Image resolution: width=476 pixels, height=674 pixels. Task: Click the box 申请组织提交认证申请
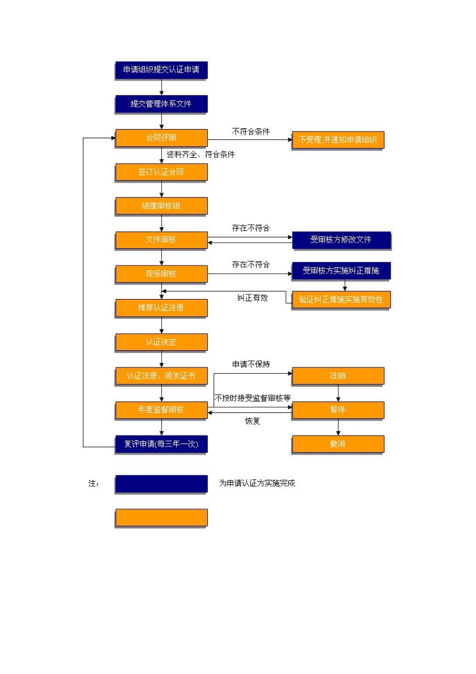[x=161, y=70]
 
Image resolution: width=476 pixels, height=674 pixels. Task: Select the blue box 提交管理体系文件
[x=161, y=104]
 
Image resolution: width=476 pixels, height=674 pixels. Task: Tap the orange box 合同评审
[x=161, y=138]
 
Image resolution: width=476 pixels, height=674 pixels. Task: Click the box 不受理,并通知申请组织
[x=338, y=140]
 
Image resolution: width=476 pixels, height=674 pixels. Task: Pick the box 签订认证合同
[x=161, y=172]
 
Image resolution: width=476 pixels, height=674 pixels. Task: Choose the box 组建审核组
[x=161, y=206]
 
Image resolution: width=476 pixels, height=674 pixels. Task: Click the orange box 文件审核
[x=161, y=240]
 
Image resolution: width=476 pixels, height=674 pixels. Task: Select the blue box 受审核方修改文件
[x=341, y=240]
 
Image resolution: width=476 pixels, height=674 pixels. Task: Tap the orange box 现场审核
[x=161, y=274]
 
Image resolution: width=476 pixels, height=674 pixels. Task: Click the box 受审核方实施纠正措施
[x=341, y=271]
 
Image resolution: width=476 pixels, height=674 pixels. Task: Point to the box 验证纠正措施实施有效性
[x=341, y=300]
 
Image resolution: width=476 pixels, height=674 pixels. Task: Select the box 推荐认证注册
[x=161, y=308]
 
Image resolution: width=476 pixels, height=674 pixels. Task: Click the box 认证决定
[x=161, y=342]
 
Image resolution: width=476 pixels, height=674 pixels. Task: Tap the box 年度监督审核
[x=161, y=410]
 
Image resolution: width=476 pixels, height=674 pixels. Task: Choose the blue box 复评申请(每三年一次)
[x=161, y=445]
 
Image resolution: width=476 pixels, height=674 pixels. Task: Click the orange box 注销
[x=338, y=376]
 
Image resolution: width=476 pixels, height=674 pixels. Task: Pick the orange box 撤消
[x=338, y=445]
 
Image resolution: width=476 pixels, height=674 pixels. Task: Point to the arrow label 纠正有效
[x=253, y=298]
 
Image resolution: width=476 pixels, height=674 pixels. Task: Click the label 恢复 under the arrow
[x=253, y=421]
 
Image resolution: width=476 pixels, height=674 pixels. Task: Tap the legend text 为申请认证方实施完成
[x=257, y=483]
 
